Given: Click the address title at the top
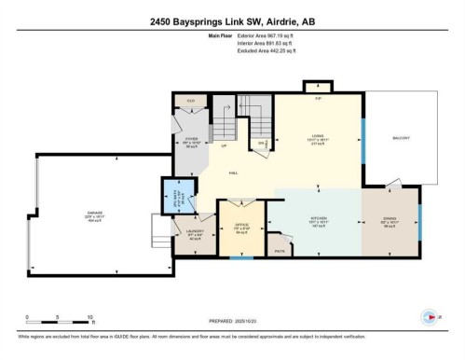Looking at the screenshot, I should pos(232,21).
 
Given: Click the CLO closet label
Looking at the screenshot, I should pos(191,100).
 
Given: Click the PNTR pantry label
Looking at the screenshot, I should pos(279,249).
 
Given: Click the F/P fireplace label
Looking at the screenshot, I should pos(317,97).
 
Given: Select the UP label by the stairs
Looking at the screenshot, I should pos(224,146).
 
